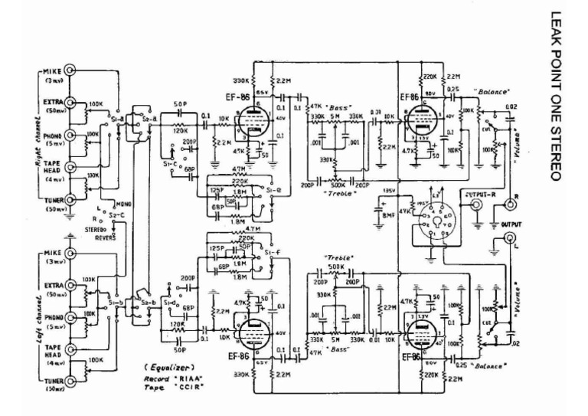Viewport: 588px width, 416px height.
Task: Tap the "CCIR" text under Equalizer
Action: [188, 387]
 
